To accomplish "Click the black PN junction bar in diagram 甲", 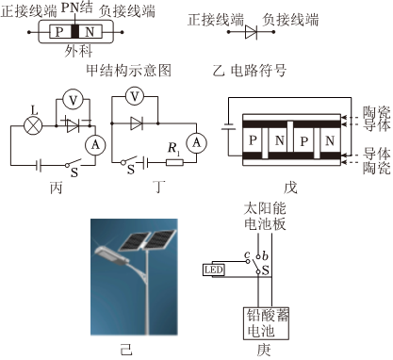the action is coord(74,31).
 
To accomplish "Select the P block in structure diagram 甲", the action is coord(60,31).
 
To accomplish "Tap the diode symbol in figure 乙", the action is coord(252,32).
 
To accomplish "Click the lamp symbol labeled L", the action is coord(33,126).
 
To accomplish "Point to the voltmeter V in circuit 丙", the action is coord(73,100).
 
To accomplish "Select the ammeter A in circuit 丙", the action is coord(95,145).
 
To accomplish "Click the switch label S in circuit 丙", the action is coord(74,172).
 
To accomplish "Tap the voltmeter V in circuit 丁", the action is coord(135,96).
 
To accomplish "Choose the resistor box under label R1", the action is coord(174,162).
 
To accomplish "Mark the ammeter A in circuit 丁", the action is coord(196,143).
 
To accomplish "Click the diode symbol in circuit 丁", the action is coord(137,123).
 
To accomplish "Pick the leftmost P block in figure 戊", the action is coord(253,140).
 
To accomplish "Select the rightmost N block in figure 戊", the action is coord(330,140).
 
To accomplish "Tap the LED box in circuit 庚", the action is coord(214,270).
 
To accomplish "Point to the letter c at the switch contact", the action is coord(247,254).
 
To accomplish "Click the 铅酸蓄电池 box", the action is coord(266,323).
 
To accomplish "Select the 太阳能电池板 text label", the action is coord(265,217).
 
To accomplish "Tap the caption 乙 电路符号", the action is coord(249,71).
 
